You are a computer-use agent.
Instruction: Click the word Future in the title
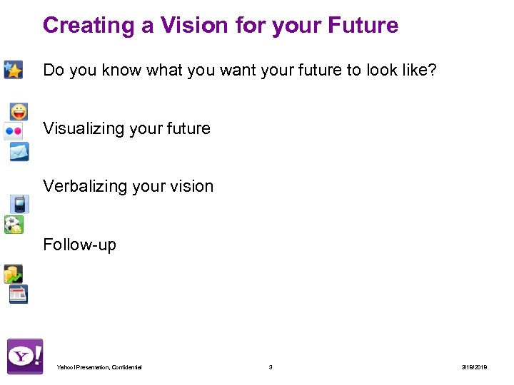pos(363,26)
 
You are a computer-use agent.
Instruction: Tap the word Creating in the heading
pos(89,26)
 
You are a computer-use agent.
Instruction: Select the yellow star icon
pos(13,69)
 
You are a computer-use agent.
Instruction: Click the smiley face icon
pos(19,112)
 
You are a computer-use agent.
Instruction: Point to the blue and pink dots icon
pos(13,131)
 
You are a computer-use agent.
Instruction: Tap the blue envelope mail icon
pos(19,151)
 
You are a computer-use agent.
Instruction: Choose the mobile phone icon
pos(19,205)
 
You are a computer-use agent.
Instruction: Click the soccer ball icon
pos(13,225)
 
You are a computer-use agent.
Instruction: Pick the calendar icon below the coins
pos(18,294)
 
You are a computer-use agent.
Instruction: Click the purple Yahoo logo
pos(25,356)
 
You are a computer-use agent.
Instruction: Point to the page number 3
pos(270,367)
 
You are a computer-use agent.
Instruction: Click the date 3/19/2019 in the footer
pos(474,367)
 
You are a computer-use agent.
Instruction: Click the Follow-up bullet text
pos(79,245)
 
